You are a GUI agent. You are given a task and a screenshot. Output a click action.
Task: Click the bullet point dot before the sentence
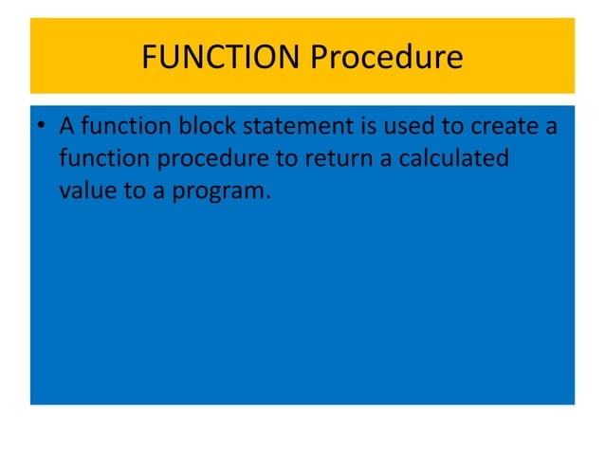(43, 126)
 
